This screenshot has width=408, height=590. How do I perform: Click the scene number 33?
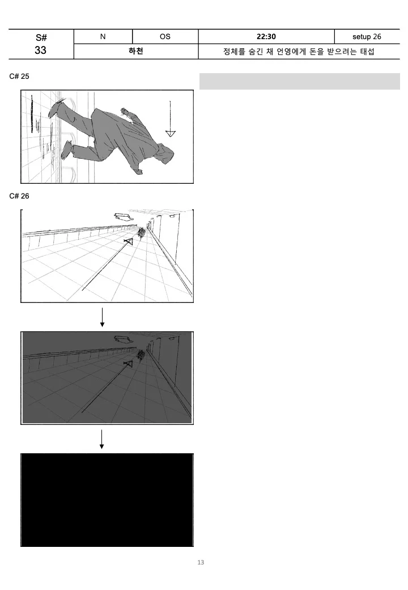pos(41,50)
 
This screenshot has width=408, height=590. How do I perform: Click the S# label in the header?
pos(41,37)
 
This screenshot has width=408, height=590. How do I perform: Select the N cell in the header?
pos(103,36)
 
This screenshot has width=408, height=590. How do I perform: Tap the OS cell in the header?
pos(165,36)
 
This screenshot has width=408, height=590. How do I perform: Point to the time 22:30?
pos(266,36)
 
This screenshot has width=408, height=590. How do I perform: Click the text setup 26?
pos(367,36)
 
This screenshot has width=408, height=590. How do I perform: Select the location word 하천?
pos(136,51)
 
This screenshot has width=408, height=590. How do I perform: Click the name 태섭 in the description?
pos(367,51)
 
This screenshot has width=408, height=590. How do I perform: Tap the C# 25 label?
pos(19,77)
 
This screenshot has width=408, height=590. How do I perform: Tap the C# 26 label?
pos(19,196)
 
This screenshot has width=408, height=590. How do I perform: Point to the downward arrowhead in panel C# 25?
pos(170,133)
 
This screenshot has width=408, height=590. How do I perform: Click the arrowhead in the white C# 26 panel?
pos(129,241)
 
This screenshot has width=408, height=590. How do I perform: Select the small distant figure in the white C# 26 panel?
pos(142,233)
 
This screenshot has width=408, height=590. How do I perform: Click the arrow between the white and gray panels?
pos(102,318)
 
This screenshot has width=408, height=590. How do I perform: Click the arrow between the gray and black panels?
pos(102,440)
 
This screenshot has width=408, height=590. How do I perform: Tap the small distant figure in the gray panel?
pos(142,355)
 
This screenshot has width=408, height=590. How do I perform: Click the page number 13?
pos(201,562)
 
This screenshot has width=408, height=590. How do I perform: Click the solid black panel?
pos(107,500)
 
